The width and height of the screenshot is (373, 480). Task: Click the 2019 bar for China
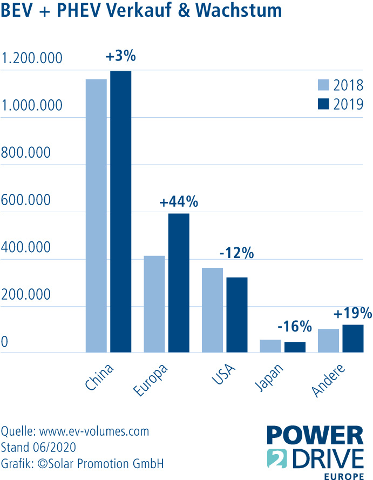click(121, 212)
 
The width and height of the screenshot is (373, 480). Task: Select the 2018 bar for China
click(97, 216)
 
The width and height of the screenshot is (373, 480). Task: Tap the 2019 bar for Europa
click(179, 283)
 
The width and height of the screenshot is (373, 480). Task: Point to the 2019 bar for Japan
click(295, 347)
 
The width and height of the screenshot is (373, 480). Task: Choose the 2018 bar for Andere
click(329, 341)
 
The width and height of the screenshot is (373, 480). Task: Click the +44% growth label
click(179, 202)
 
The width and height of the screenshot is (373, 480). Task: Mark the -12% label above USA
click(236, 252)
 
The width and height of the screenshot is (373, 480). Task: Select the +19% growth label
click(353, 313)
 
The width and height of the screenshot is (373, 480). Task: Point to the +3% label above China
click(121, 56)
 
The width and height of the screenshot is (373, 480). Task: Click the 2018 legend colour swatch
click(323, 85)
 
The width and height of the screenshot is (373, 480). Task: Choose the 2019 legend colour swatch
click(323, 104)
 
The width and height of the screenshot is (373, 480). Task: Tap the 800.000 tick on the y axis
click(26, 153)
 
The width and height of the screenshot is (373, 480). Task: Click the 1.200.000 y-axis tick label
click(32, 58)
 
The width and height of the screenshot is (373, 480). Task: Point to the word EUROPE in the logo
click(343, 476)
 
